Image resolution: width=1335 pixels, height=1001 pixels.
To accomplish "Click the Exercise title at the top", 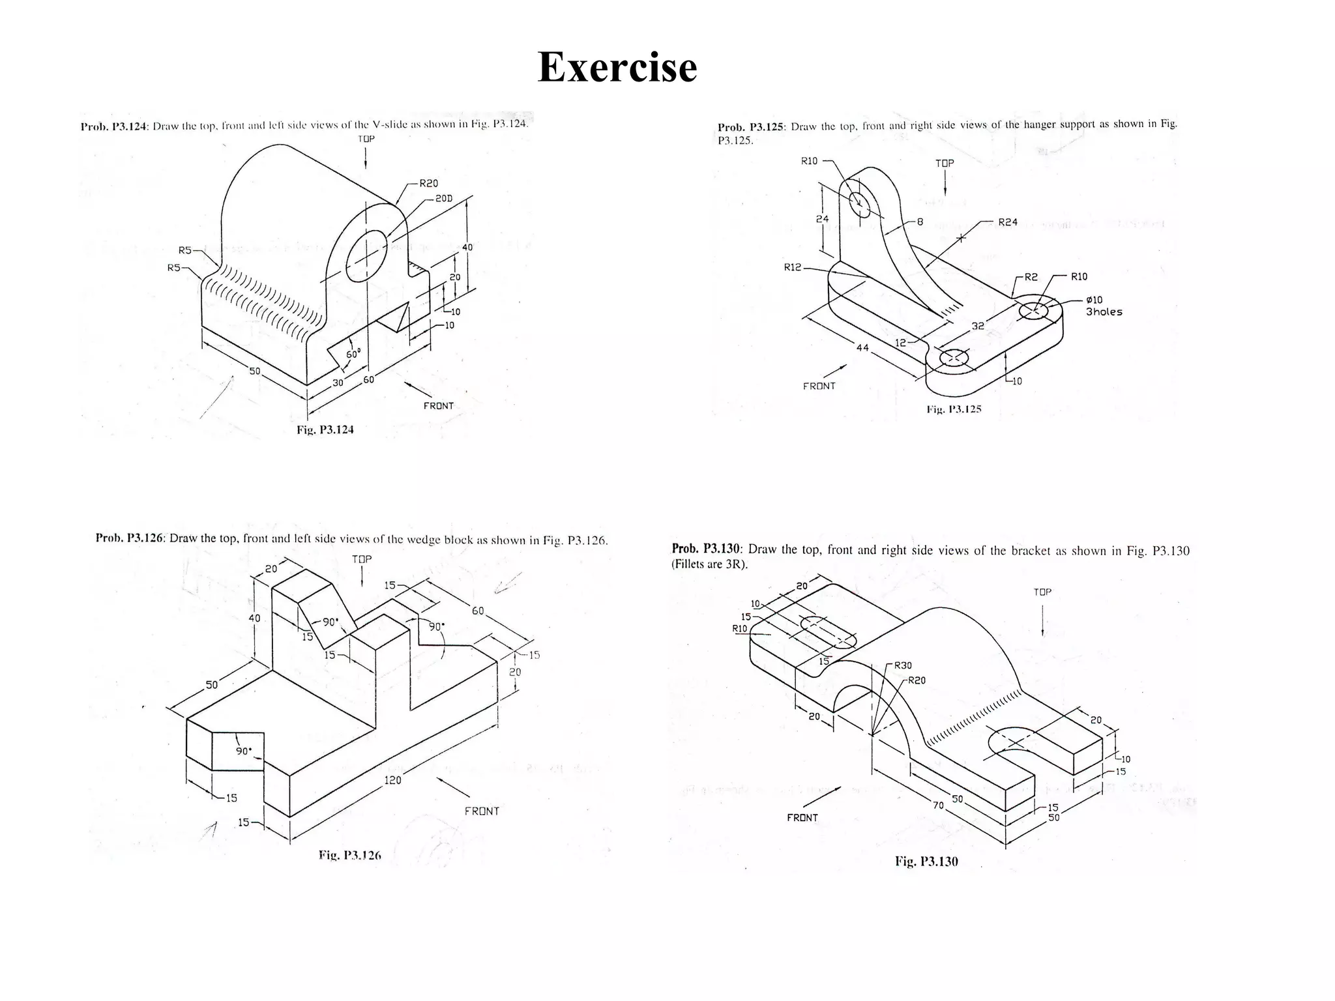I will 617,67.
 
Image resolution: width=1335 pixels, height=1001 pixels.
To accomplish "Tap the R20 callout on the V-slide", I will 428,184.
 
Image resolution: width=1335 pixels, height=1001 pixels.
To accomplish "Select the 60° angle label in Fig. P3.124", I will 353,355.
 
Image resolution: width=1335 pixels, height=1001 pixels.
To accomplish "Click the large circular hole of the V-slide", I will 366,255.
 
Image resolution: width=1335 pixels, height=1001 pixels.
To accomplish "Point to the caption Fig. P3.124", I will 325,429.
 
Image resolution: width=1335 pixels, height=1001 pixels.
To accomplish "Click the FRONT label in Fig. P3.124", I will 438,406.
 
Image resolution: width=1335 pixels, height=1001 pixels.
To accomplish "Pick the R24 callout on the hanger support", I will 1007,222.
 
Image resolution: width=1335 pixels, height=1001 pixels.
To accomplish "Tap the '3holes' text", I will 1104,312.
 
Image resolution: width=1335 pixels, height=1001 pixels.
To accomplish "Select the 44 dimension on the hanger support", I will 862,348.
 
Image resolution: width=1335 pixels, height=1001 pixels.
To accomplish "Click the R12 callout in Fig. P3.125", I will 793,267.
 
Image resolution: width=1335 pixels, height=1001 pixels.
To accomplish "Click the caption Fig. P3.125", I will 954,409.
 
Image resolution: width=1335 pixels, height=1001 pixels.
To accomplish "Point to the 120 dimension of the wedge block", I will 392,780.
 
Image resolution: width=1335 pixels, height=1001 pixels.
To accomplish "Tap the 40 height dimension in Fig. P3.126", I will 254,618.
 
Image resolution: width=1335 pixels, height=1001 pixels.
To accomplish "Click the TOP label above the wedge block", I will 362,559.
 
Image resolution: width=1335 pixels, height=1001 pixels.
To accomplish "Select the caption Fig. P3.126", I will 349,855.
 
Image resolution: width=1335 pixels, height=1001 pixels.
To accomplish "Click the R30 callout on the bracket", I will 903,665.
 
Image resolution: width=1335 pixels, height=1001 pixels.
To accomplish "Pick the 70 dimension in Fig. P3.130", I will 938,805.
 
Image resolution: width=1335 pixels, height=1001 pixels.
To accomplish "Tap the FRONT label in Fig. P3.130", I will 802,818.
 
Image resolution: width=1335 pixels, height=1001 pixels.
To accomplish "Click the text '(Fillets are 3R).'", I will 709,564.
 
